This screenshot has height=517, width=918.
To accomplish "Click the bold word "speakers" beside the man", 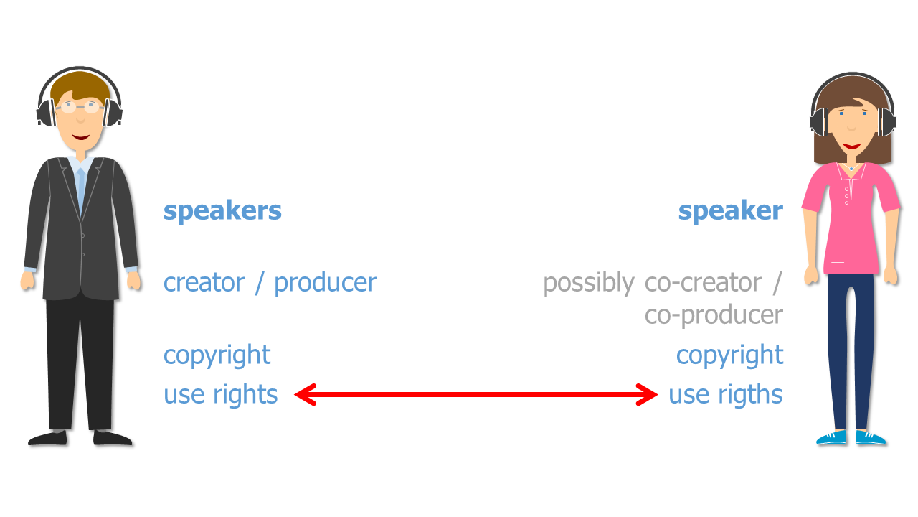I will point(222,211).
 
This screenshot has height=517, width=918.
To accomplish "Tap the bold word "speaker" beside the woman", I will point(730,211).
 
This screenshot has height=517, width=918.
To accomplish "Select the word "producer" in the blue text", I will point(325,282).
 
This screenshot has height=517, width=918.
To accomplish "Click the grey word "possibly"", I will point(588,283).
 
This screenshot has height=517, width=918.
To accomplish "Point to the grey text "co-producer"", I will point(714,315).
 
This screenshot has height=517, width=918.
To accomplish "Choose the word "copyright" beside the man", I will point(217,355).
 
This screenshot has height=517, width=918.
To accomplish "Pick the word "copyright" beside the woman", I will point(729,355).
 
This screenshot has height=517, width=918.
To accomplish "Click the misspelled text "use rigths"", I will point(725,394).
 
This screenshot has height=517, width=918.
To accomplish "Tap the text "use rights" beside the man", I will point(220,394).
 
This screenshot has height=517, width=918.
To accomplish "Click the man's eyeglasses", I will point(80,108).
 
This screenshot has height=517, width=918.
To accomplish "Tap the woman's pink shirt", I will point(851,223).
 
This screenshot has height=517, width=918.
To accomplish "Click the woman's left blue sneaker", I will point(832,437).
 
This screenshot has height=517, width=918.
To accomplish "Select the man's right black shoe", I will point(113,437).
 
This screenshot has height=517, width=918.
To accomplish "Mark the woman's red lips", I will point(851,146).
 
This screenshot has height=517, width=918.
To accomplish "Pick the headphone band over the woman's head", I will point(852,78).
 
